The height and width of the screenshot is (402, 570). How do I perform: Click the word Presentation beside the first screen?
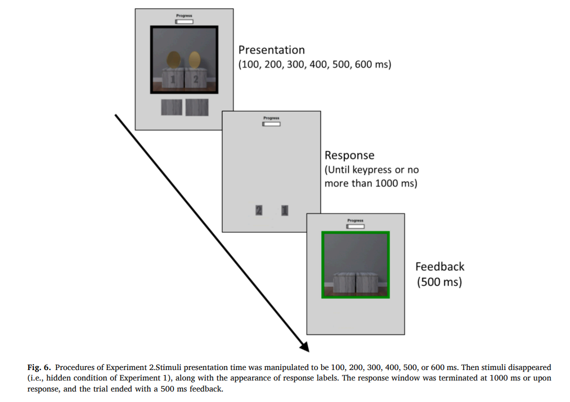point(271,50)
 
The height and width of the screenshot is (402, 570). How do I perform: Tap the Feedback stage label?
point(440,266)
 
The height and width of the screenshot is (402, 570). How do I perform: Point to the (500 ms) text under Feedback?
point(440,282)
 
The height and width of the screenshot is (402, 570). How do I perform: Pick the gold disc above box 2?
point(195,60)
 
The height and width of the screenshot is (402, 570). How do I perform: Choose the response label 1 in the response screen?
point(284,211)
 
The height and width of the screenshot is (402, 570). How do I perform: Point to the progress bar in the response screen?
point(271,124)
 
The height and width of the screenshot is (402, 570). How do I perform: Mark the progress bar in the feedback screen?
point(355,226)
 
